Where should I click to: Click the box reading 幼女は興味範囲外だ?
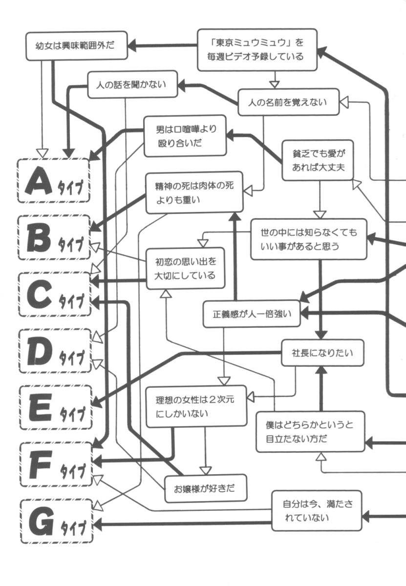pyautogui.click(x=76, y=46)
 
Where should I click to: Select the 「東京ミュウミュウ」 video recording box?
pyautogui.click(x=257, y=50)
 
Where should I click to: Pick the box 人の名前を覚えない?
pyautogui.click(x=288, y=102)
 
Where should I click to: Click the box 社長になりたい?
pyautogui.click(x=322, y=353)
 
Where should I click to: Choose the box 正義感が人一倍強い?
pyautogui.click(x=252, y=314)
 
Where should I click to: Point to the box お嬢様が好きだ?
pyautogui.click(x=205, y=488)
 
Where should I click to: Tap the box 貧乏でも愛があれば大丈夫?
pyautogui.click(x=317, y=160)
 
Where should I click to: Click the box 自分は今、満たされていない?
pyautogui.click(x=317, y=510)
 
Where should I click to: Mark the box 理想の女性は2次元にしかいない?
pyautogui.click(x=196, y=406)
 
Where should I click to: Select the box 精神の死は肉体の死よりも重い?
pyautogui.click(x=194, y=192)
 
